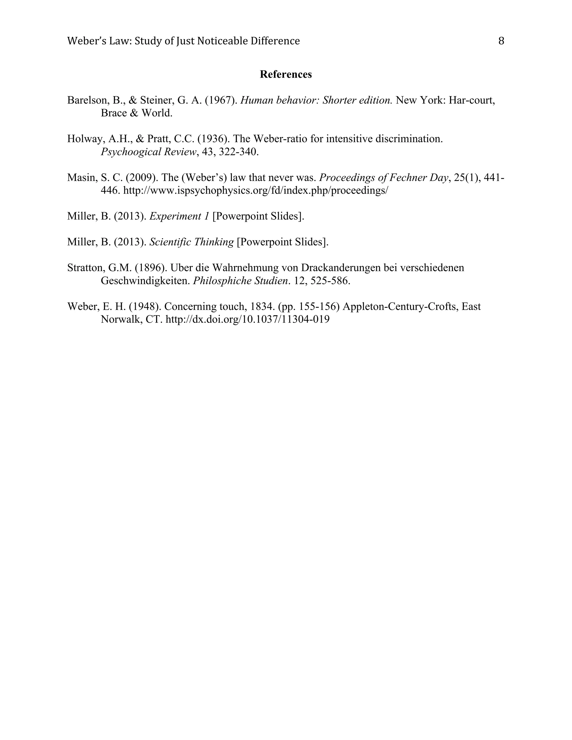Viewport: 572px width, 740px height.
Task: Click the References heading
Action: tap(286, 74)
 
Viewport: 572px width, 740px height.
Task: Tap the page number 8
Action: tap(501, 41)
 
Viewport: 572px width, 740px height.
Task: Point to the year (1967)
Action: tap(221, 100)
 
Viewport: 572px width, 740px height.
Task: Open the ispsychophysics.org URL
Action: tap(256, 190)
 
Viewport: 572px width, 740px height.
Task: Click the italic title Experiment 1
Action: tap(179, 216)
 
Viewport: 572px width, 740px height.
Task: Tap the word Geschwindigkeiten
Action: tap(145, 281)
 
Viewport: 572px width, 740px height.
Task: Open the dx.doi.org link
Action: tap(247, 319)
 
